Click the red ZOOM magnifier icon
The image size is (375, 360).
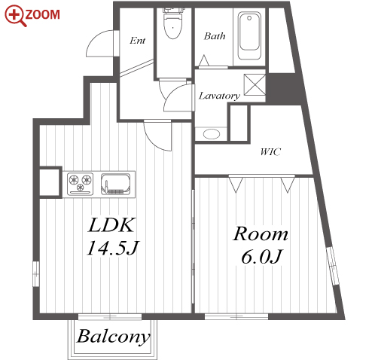15,16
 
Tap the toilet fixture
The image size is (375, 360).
172,23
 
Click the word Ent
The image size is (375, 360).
137,41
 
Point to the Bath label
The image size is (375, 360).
215,36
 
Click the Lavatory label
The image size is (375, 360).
219,96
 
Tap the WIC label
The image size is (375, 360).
270,151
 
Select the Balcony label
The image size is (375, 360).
114,337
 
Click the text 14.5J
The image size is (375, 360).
112,248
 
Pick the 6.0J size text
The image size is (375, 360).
261,257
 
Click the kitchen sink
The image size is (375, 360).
116,185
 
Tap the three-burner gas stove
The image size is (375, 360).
81,184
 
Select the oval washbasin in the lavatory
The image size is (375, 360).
212,134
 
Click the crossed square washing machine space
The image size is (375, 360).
255,84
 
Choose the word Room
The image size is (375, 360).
261,234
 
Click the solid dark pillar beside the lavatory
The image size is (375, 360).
285,88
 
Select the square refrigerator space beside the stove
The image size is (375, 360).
50,182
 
